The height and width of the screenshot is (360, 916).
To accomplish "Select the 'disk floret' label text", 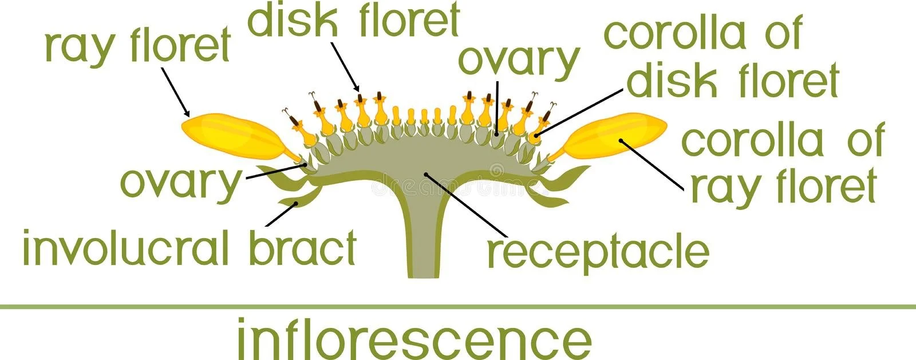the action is coord(353,21).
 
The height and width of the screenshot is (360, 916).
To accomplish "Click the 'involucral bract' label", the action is coord(189,248).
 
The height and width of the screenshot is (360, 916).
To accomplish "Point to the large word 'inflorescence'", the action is coord(414,339).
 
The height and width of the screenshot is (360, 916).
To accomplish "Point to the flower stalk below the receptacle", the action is coord(423,240).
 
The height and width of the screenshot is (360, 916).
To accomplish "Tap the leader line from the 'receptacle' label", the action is coord(465,203).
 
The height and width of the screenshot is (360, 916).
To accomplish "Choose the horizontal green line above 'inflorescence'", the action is coord(458,307).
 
